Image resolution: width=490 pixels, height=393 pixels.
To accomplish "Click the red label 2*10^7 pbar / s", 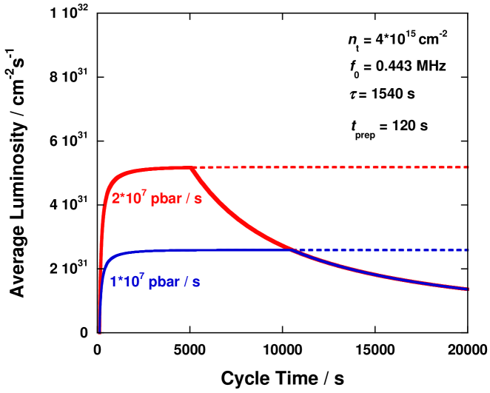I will [156, 198].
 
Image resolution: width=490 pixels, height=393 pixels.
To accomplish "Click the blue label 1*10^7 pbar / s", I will [155, 282].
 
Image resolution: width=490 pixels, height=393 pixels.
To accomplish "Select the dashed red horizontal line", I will [333, 167].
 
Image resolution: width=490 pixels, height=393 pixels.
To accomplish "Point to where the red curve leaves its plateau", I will [190, 168].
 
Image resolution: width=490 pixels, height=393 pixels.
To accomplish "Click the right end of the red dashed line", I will [469, 167].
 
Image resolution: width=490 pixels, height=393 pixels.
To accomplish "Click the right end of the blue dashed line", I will [469, 249].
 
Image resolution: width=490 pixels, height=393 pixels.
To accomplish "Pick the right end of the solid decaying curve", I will [468, 289].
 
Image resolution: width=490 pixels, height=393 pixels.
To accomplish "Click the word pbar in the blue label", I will [165, 283].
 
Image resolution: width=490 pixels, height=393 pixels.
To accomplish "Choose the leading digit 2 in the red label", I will [115, 199].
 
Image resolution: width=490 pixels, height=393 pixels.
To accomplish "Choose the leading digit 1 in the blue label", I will [113, 283].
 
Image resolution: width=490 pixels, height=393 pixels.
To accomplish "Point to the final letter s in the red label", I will [199, 200].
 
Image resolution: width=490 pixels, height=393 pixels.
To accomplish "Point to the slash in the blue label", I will [188, 282].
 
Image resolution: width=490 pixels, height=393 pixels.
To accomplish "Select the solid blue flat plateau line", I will [222, 249].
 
